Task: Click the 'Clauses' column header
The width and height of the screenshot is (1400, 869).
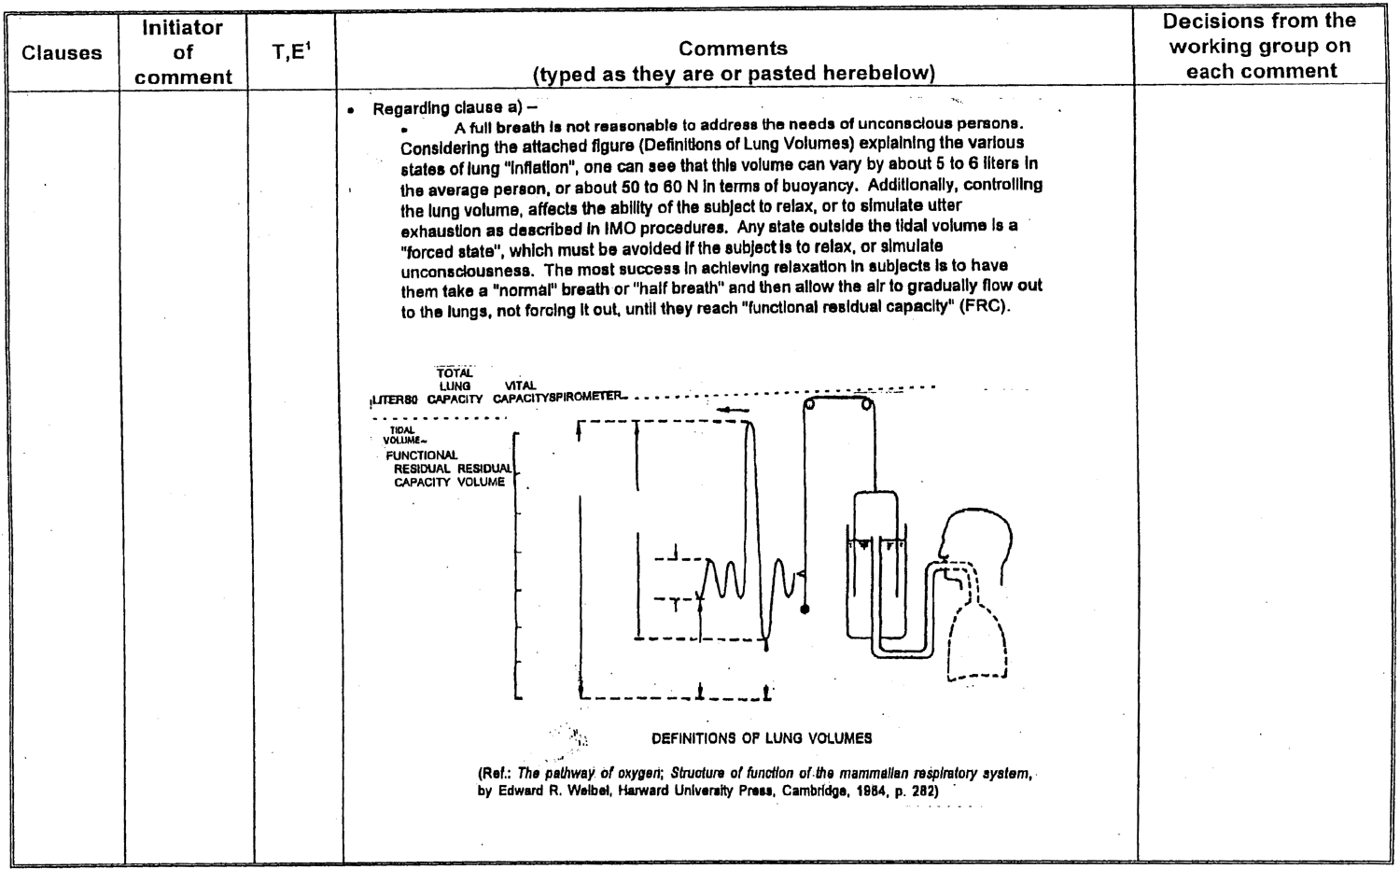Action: click(x=62, y=52)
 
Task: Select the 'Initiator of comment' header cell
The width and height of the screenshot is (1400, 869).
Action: click(x=183, y=52)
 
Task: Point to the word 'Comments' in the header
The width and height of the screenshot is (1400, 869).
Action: click(x=733, y=49)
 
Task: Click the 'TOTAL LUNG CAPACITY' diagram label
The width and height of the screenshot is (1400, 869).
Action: click(x=455, y=385)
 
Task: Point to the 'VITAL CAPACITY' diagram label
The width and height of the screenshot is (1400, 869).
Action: click(x=520, y=392)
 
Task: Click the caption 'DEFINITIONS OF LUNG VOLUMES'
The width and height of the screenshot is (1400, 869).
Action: click(x=762, y=738)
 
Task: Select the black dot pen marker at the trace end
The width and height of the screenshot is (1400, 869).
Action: click(x=805, y=610)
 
